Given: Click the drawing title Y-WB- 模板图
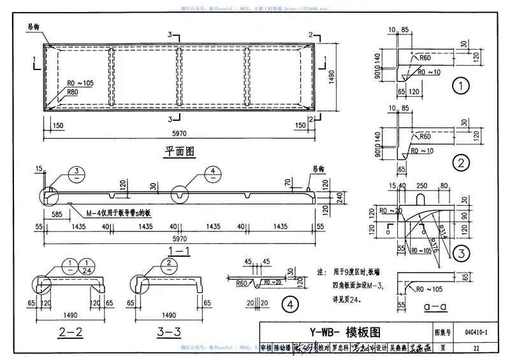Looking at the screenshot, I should pyautogui.click(x=344, y=332).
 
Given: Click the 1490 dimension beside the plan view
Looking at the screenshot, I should pyautogui.click(x=332, y=76).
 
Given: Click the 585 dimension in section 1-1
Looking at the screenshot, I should pyautogui.click(x=56, y=215).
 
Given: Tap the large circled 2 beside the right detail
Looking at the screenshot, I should pyautogui.click(x=460, y=162).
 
